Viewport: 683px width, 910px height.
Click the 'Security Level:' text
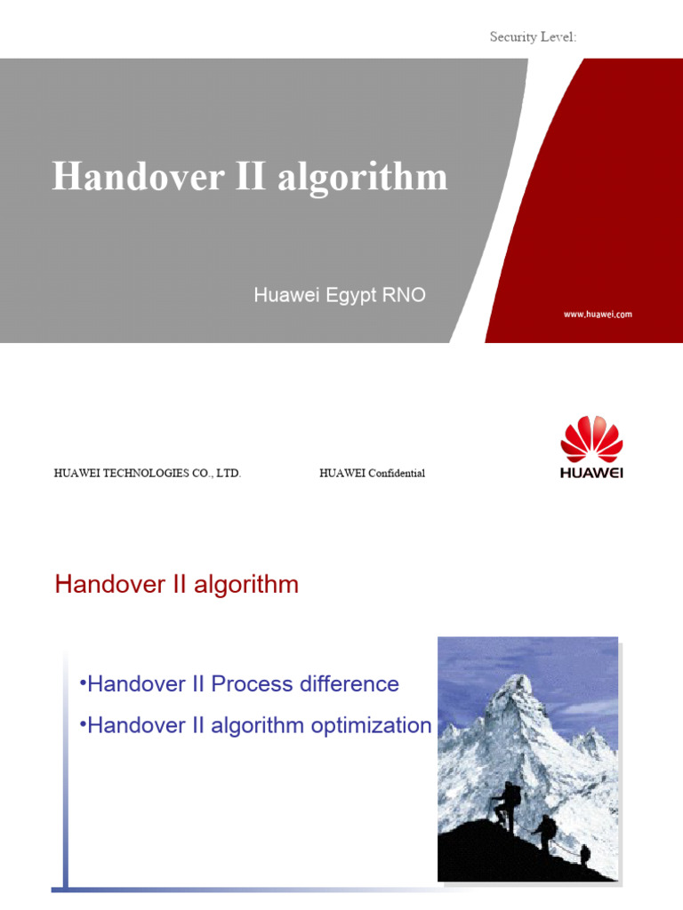point(534,36)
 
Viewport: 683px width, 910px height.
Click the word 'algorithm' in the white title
point(362,177)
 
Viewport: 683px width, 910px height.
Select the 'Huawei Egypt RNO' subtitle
point(340,295)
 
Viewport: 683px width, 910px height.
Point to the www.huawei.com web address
point(597,315)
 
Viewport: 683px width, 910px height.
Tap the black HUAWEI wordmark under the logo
point(591,473)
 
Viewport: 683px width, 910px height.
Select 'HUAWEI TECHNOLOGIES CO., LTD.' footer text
point(148,474)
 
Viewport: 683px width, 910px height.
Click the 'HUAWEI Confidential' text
point(372,474)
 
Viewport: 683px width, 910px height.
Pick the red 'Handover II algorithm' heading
point(177,585)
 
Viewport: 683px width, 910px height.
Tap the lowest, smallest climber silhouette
point(584,855)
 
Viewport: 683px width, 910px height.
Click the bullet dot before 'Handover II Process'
point(82,682)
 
